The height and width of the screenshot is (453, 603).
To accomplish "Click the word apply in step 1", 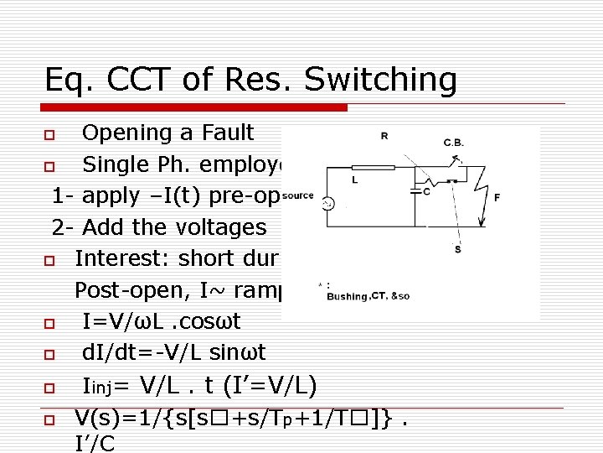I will pyautogui.click(x=111, y=195).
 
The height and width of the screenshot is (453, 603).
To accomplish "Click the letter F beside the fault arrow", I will pyautogui.click(x=497, y=198).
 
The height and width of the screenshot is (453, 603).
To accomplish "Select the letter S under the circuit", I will pyautogui.click(x=457, y=249).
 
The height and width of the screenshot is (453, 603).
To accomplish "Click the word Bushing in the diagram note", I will pyautogui.click(x=347, y=295).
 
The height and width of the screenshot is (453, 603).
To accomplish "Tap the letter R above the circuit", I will pyautogui.click(x=384, y=136).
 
